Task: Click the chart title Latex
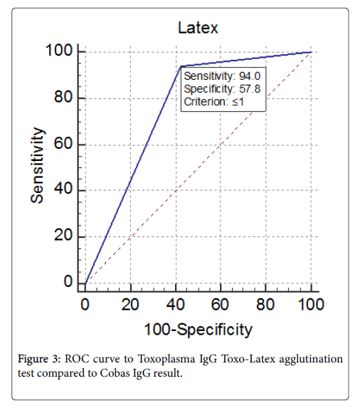pos(198,28)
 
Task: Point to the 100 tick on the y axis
pos(59,51)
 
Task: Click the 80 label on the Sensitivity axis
pos(63,97)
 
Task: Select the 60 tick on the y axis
pos(63,143)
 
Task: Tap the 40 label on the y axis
pos(63,189)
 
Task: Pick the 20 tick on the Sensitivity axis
pos(63,235)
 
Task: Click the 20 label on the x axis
pos(130,304)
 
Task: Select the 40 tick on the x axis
pos(176,304)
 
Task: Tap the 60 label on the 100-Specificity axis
pos(220,304)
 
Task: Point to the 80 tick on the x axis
pos(265,304)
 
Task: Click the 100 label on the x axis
pos(311,304)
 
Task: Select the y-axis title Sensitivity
pos(37,165)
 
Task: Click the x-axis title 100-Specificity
pos(198,330)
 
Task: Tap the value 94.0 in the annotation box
pos(250,76)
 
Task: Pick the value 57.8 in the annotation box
pos(250,89)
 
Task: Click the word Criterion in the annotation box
pos(206,102)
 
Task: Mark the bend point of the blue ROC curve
pos(181,66)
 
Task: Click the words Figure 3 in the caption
pos(39,360)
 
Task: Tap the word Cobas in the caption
pos(115,373)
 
